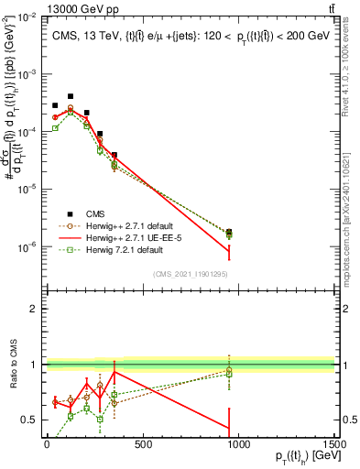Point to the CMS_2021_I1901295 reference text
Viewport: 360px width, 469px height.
(189, 274)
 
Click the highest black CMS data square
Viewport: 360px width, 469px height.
(71, 96)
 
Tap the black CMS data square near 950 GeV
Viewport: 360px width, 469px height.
(229, 233)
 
